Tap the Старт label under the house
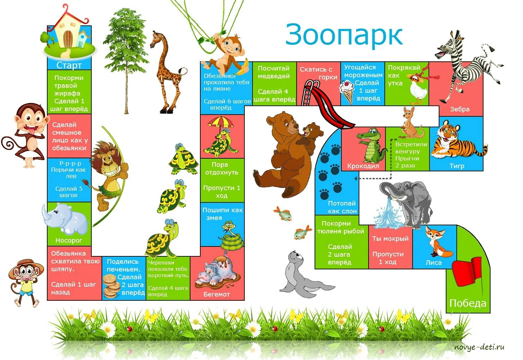point(69,65)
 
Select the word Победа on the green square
point(468,303)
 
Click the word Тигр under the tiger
point(457,166)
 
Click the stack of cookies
point(112,286)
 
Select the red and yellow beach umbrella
point(220,123)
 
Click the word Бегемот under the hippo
point(217,294)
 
